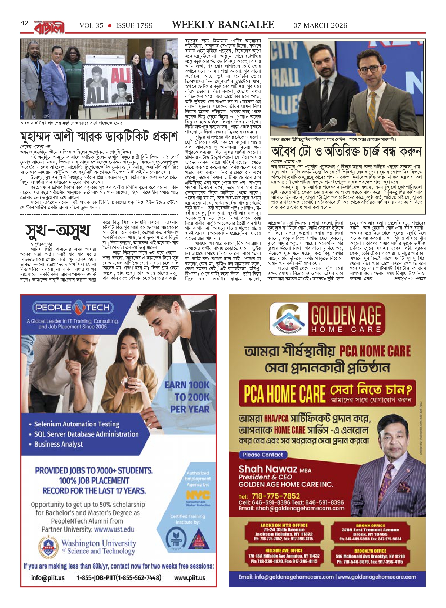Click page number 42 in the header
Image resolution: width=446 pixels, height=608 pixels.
coord(24,24)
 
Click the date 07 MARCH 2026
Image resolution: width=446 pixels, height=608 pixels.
coord(320,26)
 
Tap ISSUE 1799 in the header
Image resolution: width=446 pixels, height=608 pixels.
coord(134,26)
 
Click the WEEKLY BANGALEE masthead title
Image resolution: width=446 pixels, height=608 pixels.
coord(223,25)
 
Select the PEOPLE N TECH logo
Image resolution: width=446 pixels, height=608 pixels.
coord(73,308)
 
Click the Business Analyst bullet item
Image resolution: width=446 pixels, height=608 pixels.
coord(58,444)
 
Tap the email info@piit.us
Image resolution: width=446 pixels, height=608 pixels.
coord(48,578)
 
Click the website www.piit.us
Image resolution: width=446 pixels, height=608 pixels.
coord(189,578)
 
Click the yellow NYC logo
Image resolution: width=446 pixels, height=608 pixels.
coord(198,495)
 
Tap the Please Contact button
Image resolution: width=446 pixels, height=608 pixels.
coord(263,455)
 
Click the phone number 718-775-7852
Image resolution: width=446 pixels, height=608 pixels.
coord(276,496)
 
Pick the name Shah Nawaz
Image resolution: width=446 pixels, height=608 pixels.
coord(268,469)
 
